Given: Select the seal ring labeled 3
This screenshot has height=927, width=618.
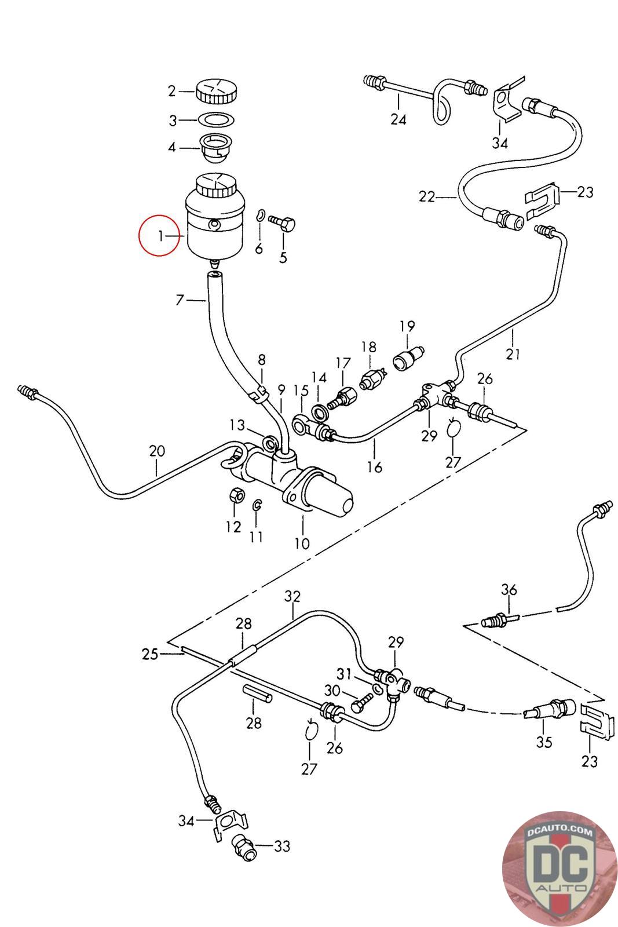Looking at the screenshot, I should pos(217,120).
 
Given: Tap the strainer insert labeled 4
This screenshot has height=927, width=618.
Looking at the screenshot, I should pos(215,148).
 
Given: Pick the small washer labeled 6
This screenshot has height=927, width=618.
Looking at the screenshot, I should pos(261,216).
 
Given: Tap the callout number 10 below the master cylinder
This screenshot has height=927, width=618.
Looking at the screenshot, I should pos(302,543).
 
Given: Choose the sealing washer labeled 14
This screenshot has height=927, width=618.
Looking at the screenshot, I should pos(319,412).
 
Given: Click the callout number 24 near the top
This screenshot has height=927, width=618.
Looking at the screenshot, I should pos(398,119).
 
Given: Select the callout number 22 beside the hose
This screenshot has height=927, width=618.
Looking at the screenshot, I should pos(427,197).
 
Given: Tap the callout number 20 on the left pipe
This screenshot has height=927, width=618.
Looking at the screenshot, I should pos(157,451).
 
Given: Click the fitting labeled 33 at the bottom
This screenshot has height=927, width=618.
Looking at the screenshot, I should pos(242,845).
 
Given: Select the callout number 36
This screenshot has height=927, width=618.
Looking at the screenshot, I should pos(509,590).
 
